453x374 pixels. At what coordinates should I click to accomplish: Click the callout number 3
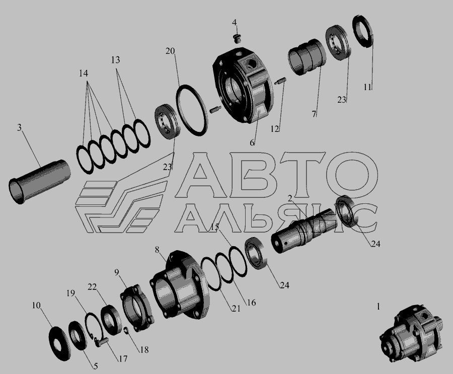point(19,127)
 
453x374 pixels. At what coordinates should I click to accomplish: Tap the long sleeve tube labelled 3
point(40,182)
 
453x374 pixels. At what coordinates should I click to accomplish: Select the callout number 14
point(84,73)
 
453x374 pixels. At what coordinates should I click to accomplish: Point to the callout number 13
point(115,60)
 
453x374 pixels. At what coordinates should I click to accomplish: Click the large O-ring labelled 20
point(192,110)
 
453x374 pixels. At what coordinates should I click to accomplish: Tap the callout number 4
point(234,23)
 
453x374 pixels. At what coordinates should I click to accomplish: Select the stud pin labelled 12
point(281,81)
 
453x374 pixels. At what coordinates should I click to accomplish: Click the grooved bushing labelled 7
point(308,57)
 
